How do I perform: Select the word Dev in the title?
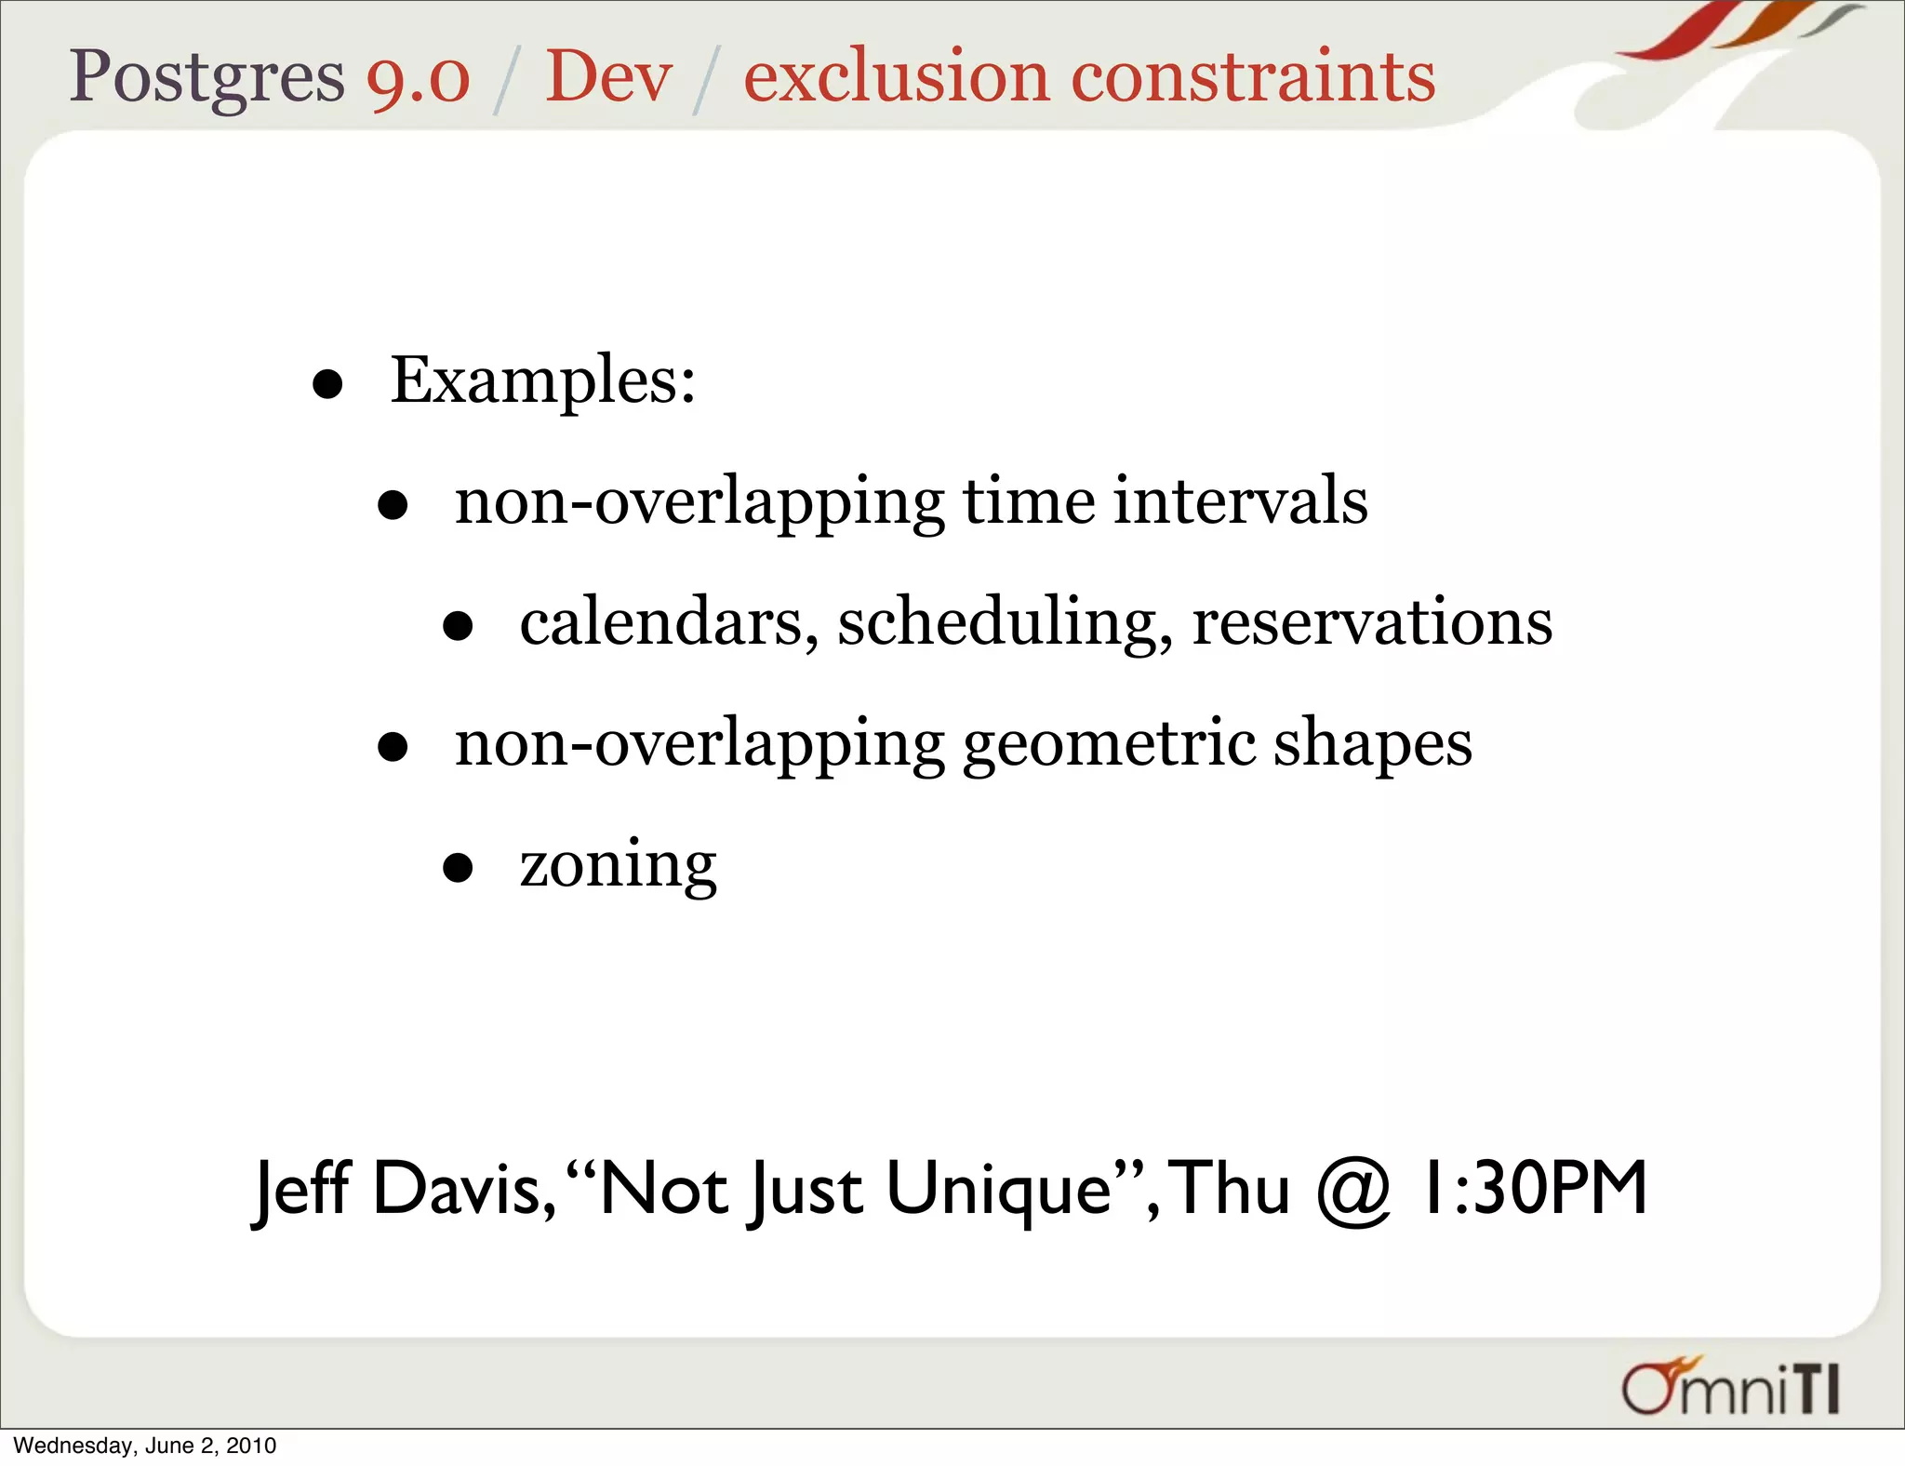[x=608, y=76]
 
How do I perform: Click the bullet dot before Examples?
[x=327, y=384]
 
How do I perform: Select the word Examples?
[x=542, y=381]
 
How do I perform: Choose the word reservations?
[x=1372, y=622]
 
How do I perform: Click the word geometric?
[x=1109, y=744]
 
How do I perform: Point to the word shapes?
[x=1372, y=744]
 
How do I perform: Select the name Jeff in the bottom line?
[x=300, y=1190]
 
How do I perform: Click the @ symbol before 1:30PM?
[x=1353, y=1190]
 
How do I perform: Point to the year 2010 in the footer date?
[x=251, y=1446]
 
